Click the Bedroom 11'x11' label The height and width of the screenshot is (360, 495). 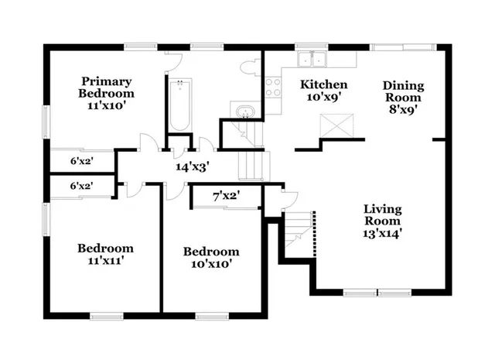pyautogui.click(x=105, y=255)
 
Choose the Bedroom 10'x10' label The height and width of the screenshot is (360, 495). pyautogui.click(x=210, y=258)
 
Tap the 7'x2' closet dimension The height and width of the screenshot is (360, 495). pyautogui.click(x=226, y=197)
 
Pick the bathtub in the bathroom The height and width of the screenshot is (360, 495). pyautogui.click(x=179, y=105)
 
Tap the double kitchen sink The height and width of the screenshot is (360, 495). pyautogui.click(x=313, y=58)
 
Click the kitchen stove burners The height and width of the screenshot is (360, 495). pyautogui.click(x=273, y=88)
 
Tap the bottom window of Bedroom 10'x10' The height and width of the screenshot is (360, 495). pyautogui.click(x=209, y=315)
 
